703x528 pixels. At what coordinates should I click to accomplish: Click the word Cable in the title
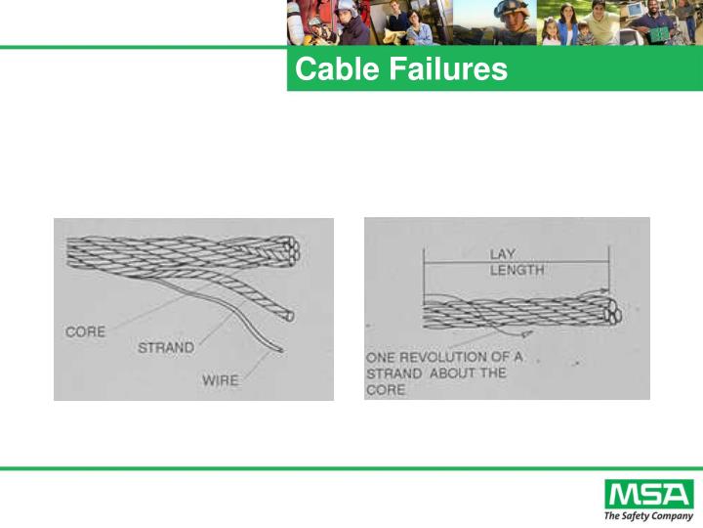(328, 70)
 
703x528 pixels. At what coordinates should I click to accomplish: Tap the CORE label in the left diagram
(85, 331)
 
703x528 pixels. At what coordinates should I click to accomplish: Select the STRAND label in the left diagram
(165, 347)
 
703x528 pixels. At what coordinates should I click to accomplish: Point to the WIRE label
(220, 379)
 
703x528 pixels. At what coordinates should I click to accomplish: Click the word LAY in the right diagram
(504, 254)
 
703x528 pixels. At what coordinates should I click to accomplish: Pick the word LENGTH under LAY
(517, 270)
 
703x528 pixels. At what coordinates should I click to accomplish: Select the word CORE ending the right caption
(385, 388)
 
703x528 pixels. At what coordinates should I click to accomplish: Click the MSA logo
(648, 495)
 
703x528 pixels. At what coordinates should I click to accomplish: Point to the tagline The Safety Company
(648, 515)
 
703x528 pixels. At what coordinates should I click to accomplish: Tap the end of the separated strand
(288, 315)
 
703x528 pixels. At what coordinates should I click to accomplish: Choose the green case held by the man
(660, 35)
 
